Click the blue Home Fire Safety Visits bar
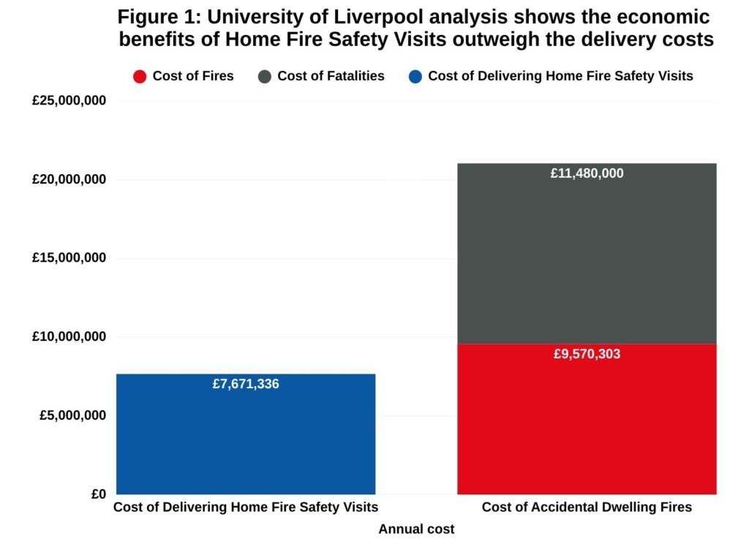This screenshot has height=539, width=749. [x=246, y=439]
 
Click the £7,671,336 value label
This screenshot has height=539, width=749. [x=246, y=384]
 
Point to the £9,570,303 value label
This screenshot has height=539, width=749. [x=587, y=355]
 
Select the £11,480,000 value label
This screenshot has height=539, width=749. [x=587, y=174]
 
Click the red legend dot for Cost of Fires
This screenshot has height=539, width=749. [x=140, y=76]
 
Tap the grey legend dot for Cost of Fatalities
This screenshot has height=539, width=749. [x=265, y=76]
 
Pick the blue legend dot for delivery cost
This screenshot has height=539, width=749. [x=415, y=76]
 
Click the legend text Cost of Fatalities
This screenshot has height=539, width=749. [x=331, y=76]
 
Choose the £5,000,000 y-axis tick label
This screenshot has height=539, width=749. [x=73, y=415]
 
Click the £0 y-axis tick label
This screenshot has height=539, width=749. [x=99, y=494]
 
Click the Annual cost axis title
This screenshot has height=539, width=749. [x=416, y=529]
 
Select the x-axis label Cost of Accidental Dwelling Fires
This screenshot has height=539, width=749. [x=587, y=508]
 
